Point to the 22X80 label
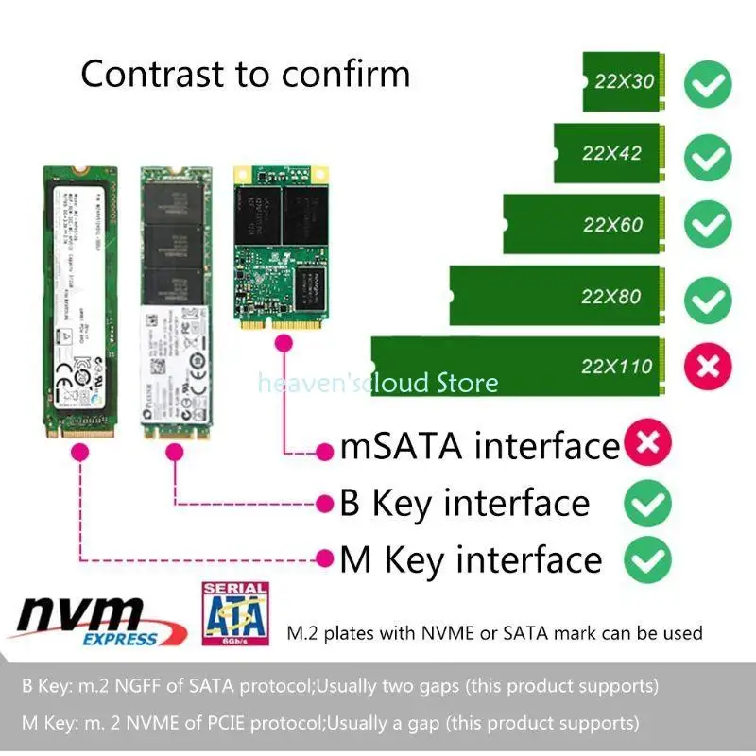610,296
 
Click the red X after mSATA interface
647,444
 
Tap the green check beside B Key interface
647,502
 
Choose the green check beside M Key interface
647,558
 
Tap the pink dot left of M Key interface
324,559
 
